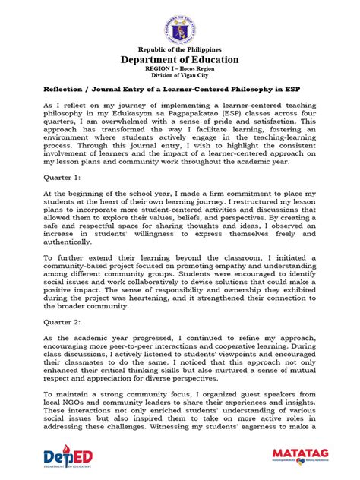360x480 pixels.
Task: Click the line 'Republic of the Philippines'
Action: click(x=180, y=49)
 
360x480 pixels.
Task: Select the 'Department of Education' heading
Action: click(x=180, y=60)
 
